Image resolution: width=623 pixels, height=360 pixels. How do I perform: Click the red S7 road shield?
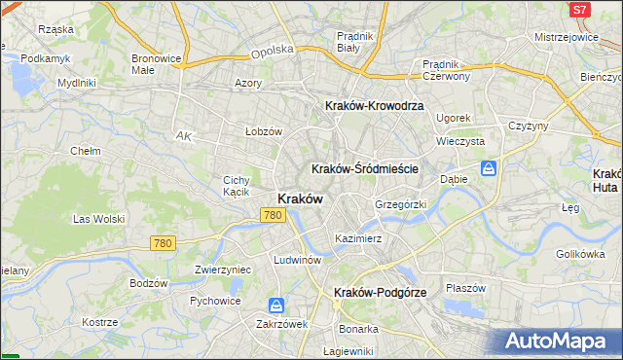pyautogui.click(x=579, y=9)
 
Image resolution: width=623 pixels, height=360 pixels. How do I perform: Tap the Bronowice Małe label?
pyautogui.click(x=157, y=63)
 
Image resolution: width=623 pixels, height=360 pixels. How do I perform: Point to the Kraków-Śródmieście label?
pyautogui.click(x=365, y=168)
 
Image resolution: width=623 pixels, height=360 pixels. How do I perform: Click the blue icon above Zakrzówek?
pyautogui.click(x=276, y=306)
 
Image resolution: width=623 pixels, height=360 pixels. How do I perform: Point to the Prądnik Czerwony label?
pyautogui.click(x=447, y=70)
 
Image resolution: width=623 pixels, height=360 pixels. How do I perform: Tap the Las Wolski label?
pyautogui.click(x=95, y=219)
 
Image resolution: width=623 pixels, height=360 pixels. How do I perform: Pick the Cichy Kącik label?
pyautogui.click(x=238, y=185)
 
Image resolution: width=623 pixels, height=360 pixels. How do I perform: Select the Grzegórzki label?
pyautogui.click(x=401, y=205)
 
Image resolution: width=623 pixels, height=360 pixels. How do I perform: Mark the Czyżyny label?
pyautogui.click(x=529, y=126)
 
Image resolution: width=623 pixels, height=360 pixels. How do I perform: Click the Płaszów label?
pyautogui.click(x=465, y=287)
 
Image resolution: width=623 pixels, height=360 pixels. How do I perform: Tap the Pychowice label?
pyautogui.click(x=215, y=301)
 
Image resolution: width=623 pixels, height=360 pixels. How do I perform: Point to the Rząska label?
pyautogui.click(x=56, y=29)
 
